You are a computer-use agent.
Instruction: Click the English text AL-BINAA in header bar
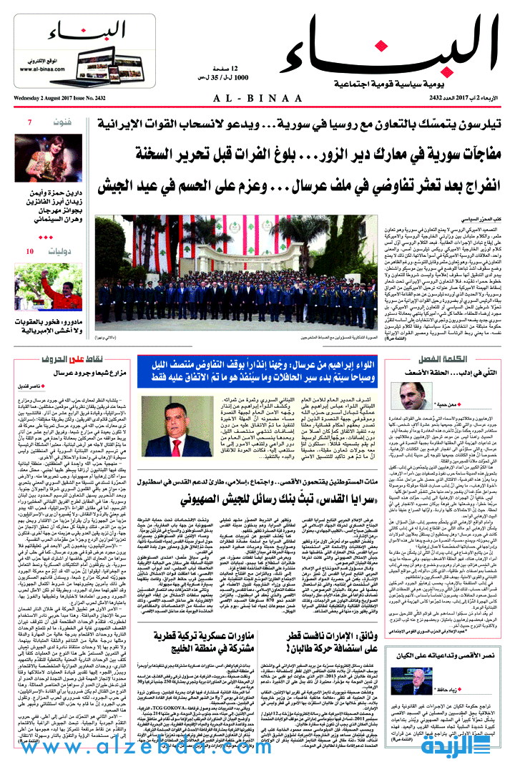click(257, 97)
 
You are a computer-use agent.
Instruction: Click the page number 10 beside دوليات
click(29, 251)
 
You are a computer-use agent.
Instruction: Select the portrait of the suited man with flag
click(165, 427)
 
